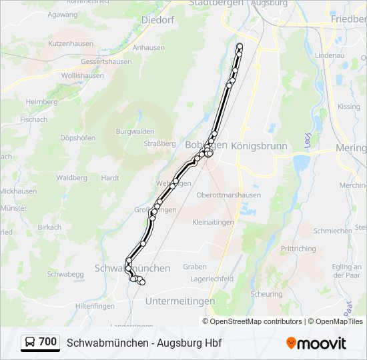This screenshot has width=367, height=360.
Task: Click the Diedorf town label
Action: [x=157, y=20]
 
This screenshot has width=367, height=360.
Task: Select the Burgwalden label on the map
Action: [x=135, y=131]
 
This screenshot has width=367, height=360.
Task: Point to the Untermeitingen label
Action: [x=180, y=301]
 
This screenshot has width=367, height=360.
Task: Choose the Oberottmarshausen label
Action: [x=229, y=195]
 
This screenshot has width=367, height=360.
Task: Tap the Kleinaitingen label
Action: [x=213, y=222]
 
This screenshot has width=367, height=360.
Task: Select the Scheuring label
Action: [x=266, y=294]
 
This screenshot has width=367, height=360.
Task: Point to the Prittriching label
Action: [x=298, y=249]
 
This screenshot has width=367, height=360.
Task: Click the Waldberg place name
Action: [x=72, y=178]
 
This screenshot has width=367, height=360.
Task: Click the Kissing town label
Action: [x=348, y=107]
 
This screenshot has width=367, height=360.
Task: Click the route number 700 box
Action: [x=47, y=342]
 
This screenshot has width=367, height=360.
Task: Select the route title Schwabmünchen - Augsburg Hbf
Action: [x=144, y=343]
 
